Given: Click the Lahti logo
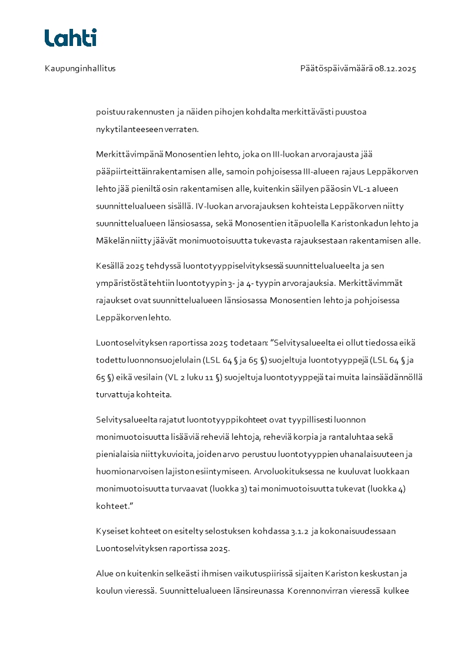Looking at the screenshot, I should click(x=70, y=38).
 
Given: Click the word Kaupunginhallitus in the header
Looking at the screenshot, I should click(x=80, y=68).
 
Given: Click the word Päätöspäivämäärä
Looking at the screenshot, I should click(x=336, y=68).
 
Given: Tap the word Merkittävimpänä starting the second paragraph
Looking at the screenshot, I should click(x=129, y=154).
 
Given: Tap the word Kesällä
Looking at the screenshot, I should click(x=109, y=266).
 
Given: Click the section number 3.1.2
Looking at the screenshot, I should click(x=300, y=531).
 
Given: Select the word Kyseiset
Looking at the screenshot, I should click(x=112, y=531).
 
